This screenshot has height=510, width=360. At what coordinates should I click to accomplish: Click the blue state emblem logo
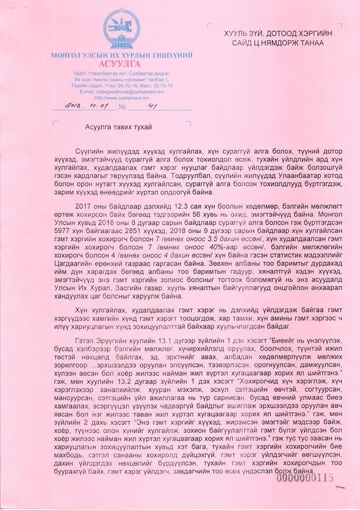121,30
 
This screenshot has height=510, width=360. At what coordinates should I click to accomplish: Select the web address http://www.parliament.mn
122,98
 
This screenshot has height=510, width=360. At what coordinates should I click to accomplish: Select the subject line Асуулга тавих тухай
118,127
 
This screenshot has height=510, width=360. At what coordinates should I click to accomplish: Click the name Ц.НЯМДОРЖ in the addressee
276,42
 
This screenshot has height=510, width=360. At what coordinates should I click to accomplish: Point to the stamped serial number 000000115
304,478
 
